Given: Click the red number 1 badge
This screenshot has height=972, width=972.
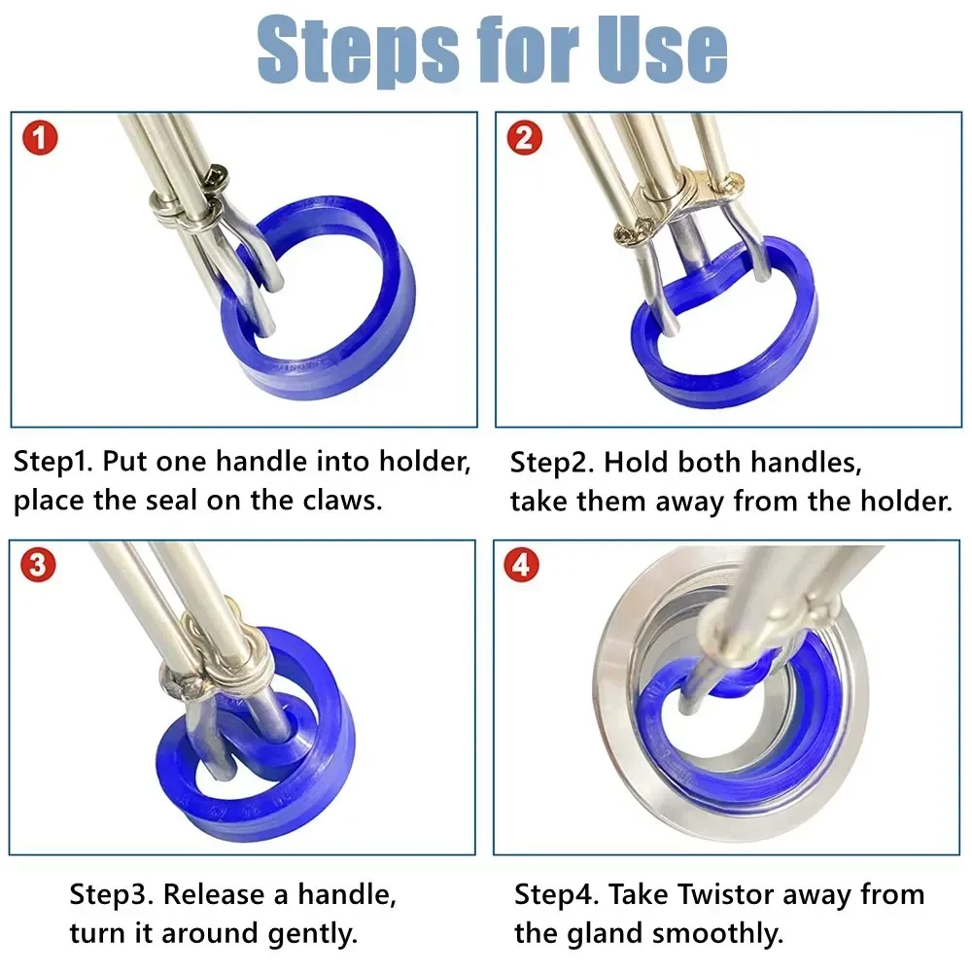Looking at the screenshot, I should coord(40,139).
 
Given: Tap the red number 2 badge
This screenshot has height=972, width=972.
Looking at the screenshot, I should coord(525,139).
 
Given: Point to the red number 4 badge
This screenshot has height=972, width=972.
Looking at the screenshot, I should coord(522,566).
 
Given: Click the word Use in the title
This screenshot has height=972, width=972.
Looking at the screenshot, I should coord(660,49).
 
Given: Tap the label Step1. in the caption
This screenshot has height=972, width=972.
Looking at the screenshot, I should coord(53,461).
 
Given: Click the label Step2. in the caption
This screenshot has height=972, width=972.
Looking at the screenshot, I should coord(551,462).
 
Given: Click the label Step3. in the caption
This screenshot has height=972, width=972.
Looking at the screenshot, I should coord(110,893).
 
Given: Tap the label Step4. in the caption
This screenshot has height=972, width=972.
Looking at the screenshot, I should coord(555,893).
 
